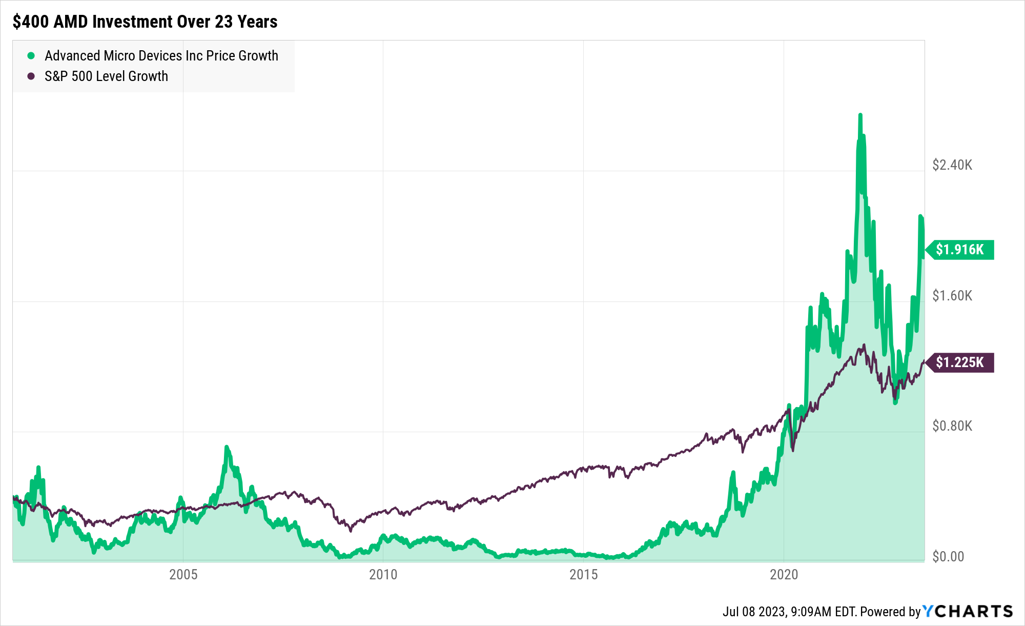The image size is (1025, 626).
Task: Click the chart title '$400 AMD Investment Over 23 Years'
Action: (x=145, y=22)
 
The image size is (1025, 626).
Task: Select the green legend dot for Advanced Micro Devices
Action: (x=31, y=55)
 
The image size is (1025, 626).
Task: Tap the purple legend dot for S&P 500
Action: (x=31, y=76)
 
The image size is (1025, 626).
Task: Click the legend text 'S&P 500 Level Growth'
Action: (x=106, y=76)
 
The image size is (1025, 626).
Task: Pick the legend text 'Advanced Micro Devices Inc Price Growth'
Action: (x=161, y=55)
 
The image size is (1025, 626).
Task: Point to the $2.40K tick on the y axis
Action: (x=952, y=165)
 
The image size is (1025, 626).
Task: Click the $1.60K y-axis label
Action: (x=952, y=295)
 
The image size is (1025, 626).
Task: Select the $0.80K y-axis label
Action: (x=952, y=426)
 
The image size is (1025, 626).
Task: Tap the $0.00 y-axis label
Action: (x=948, y=556)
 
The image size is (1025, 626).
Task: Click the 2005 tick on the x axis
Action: (x=183, y=574)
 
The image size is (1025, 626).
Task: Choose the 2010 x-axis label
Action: (x=383, y=574)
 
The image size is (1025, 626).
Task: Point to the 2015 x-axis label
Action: (x=583, y=574)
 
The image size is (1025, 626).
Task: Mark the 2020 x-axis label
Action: (x=784, y=574)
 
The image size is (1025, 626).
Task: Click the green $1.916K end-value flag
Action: (x=960, y=250)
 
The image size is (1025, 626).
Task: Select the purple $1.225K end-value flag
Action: (x=960, y=362)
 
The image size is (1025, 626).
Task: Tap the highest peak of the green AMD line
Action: (x=860, y=115)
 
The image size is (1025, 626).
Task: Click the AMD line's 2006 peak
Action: (x=227, y=447)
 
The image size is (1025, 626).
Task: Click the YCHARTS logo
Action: (x=968, y=611)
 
